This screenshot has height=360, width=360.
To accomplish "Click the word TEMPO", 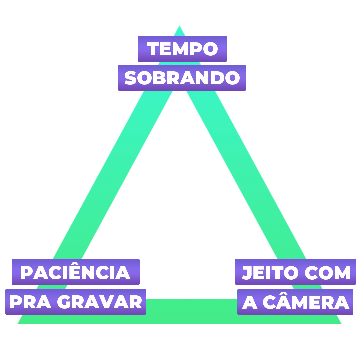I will point(182,49).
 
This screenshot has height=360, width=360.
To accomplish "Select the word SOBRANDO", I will point(182,78).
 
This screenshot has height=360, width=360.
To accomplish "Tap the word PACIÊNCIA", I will point(75,273).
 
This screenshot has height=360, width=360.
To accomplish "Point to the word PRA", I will point(30,302).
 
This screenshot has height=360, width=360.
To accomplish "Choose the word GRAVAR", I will point(100,302).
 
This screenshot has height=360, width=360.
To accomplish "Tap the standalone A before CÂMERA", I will point(249,302).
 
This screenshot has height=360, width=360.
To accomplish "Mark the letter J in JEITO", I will point(246,273).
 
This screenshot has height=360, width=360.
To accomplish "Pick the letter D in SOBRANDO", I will point(218,78).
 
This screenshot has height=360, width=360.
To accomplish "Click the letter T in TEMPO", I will point(154,49).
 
